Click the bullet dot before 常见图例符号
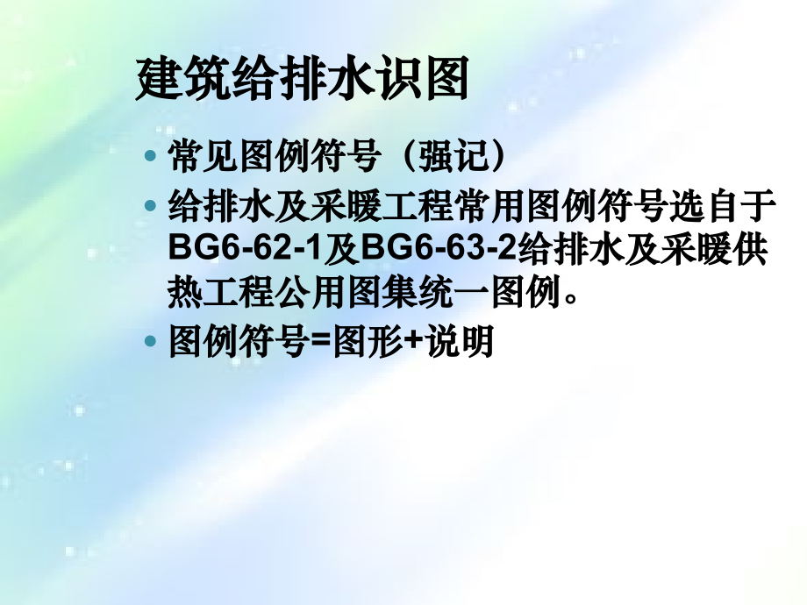coord(151,158)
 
